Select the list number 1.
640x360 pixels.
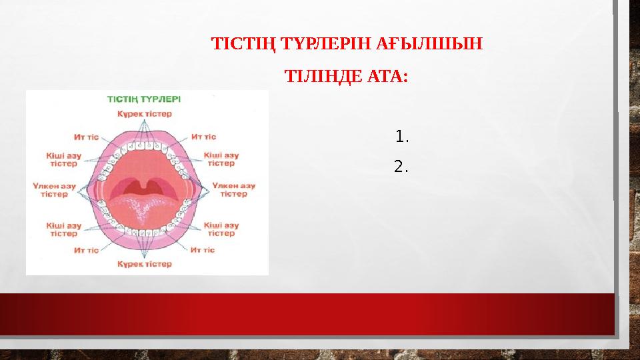point(401,138)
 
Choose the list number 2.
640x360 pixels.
point(401,167)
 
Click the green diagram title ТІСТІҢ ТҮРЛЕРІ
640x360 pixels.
point(143,98)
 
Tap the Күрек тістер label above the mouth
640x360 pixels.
point(145,114)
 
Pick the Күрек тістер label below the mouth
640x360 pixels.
point(145,264)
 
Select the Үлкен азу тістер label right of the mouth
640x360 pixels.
point(234,189)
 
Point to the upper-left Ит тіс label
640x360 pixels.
point(87,137)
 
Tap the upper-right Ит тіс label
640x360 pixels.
point(203,137)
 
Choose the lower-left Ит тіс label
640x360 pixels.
point(87,250)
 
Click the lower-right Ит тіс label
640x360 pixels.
point(203,250)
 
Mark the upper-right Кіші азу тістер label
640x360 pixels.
point(221,159)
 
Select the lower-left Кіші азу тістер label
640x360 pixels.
point(63,229)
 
